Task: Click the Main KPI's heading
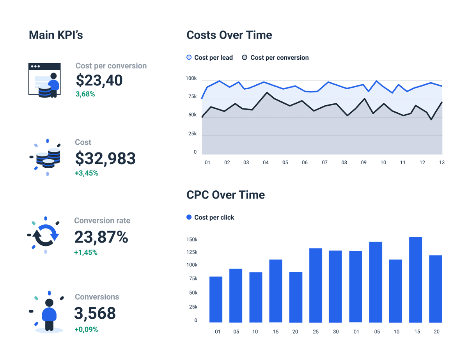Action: click(56, 35)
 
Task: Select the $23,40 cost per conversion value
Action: click(99, 80)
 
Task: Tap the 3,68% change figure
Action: click(85, 94)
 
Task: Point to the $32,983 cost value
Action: click(105, 158)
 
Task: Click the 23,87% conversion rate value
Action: click(101, 237)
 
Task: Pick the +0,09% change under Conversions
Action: click(86, 330)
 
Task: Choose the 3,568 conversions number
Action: click(95, 313)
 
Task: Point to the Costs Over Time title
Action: click(229, 35)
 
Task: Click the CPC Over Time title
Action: click(225, 195)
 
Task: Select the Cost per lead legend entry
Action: click(210, 58)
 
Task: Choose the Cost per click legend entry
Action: click(211, 218)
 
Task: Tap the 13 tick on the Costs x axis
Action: click(441, 162)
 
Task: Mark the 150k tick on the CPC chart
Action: click(192, 239)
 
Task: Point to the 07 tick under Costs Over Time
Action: click(324, 162)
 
